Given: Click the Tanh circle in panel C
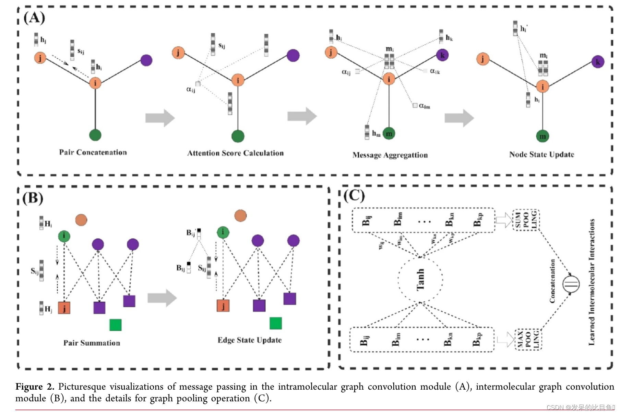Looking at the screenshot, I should pyautogui.click(x=420, y=280).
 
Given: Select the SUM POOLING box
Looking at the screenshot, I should pyautogui.click(x=526, y=220).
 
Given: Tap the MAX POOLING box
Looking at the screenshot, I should pyautogui.click(x=528, y=339).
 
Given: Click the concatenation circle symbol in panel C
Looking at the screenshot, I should pyautogui.click(x=571, y=284).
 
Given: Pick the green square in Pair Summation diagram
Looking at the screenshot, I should pyautogui.click(x=116, y=325).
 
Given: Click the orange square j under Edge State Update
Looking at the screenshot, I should pyautogui.click(x=223, y=306).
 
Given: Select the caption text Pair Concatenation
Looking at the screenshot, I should pyautogui.click(x=93, y=152).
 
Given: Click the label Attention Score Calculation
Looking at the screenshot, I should pyautogui.click(x=235, y=153).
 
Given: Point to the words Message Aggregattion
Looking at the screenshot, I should pyautogui.click(x=390, y=155).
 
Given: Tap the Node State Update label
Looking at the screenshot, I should pyautogui.click(x=541, y=154).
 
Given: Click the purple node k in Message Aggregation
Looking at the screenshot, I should pyautogui.click(x=442, y=55).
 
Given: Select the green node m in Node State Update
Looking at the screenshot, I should pyautogui.click(x=542, y=136).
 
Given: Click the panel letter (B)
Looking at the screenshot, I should pyautogui.click(x=33, y=198).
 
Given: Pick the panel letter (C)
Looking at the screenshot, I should pyautogui.click(x=354, y=196).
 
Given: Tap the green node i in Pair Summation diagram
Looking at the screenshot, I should pyautogui.click(x=64, y=236).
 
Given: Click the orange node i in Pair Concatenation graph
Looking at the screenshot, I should pyautogui.click(x=95, y=83).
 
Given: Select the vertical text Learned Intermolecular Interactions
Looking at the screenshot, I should pyautogui.click(x=592, y=281).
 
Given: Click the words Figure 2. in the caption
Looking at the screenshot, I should pyautogui.click(x=35, y=387).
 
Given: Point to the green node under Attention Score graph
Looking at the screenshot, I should pyautogui.click(x=238, y=136).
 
